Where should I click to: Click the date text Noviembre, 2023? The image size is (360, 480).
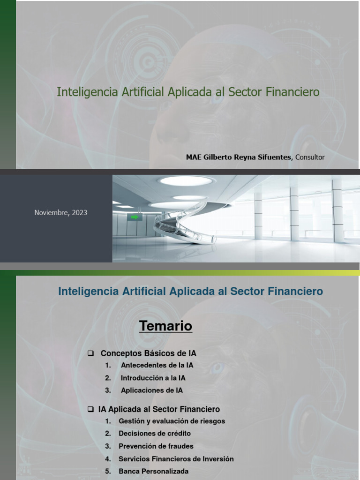(60, 212)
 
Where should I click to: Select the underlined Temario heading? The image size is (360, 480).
(165, 326)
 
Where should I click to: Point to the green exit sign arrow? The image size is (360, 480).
(135, 217)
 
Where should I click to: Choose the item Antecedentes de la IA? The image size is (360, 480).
(157, 365)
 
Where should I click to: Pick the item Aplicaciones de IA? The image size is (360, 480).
(151, 390)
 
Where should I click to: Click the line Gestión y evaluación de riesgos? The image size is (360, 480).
(172, 421)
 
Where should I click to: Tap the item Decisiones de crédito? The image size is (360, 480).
(155, 434)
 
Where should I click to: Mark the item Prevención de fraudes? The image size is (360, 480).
(156, 446)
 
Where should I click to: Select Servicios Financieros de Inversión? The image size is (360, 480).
(176, 459)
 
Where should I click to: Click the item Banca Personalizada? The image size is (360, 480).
(153, 471)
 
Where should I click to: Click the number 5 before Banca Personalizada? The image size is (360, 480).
(108, 471)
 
